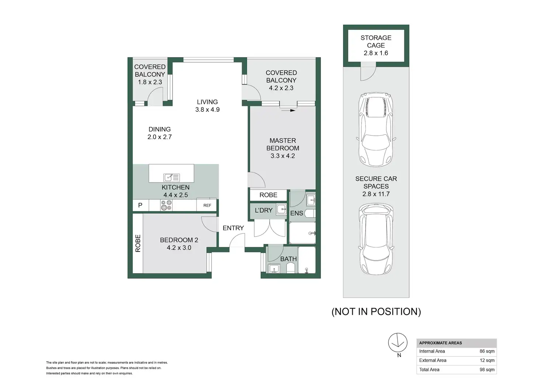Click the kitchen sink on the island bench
(172, 177)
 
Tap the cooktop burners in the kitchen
(166, 205)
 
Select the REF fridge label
(207, 205)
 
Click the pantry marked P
(140, 205)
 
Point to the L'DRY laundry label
(263, 210)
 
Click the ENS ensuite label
(297, 213)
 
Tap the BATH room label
(288, 259)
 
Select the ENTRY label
(233, 228)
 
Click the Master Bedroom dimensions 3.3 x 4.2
(283, 156)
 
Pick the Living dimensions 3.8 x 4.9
(208, 110)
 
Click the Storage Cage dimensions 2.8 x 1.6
(376, 53)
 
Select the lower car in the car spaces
(376, 239)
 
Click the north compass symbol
(398, 343)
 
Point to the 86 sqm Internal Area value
(487, 351)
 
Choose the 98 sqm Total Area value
(487, 370)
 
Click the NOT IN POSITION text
(376, 311)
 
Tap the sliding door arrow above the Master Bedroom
(288, 111)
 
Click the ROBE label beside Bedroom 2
(138, 243)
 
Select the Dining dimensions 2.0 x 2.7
(159, 137)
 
